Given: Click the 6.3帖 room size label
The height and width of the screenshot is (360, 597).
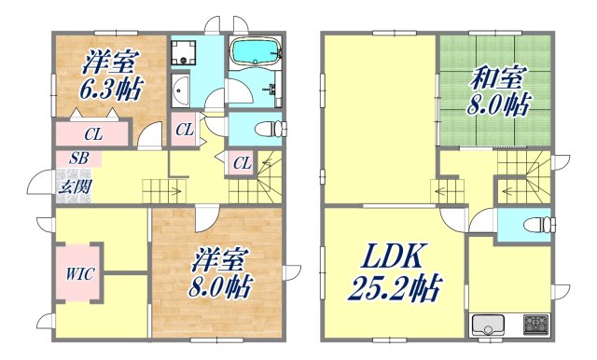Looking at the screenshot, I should coord(111,91).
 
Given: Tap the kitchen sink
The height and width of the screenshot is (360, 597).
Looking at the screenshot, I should coord(488,326).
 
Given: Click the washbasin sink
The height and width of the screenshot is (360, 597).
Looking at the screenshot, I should coord(181,91).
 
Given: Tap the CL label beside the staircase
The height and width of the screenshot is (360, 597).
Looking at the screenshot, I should coord(242,163).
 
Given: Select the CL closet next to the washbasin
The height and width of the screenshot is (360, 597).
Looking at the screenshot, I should coord(184,130).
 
